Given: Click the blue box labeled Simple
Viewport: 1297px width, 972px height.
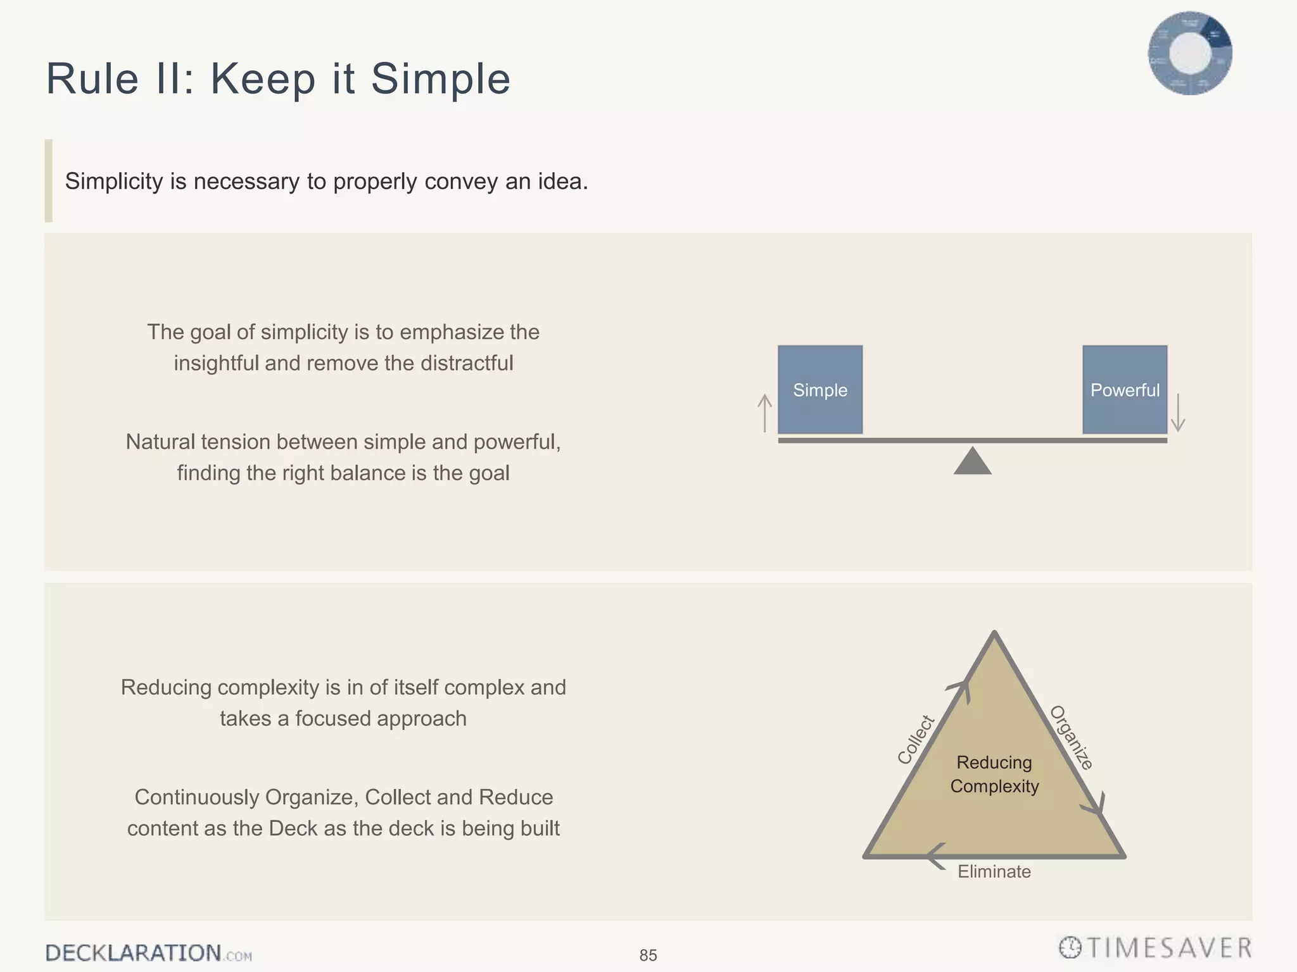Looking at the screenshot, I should click(x=820, y=389).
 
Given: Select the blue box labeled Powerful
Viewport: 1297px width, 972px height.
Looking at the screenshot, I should click(x=1125, y=389).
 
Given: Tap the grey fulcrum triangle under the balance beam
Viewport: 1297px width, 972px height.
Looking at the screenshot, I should click(x=972, y=462).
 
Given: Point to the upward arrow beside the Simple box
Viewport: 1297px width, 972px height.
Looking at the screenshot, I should click(x=765, y=413).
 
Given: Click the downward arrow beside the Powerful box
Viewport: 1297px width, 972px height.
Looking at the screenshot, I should click(x=1178, y=413).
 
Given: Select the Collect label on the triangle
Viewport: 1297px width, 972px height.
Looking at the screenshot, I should click(x=916, y=739).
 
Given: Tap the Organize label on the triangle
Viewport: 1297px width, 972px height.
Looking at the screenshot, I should click(x=1072, y=737).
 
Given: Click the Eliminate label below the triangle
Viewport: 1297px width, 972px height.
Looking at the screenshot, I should click(x=994, y=871).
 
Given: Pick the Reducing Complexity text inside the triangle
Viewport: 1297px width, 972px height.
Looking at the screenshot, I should click(x=994, y=774).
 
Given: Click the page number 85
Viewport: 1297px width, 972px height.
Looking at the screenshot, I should click(x=648, y=955).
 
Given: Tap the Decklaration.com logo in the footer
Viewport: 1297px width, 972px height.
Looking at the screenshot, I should click(x=148, y=953).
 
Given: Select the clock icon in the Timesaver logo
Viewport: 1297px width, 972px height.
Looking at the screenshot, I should click(x=1070, y=948).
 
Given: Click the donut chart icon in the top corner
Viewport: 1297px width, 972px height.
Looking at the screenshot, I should click(x=1190, y=53).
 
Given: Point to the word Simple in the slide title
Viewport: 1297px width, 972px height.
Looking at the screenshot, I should click(x=440, y=79).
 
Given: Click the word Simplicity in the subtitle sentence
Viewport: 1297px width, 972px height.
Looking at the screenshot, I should click(x=114, y=182).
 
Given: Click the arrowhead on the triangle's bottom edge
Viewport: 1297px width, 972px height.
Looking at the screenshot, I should click(x=936, y=856).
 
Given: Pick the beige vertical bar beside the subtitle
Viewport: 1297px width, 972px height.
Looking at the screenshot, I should click(x=49, y=180).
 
